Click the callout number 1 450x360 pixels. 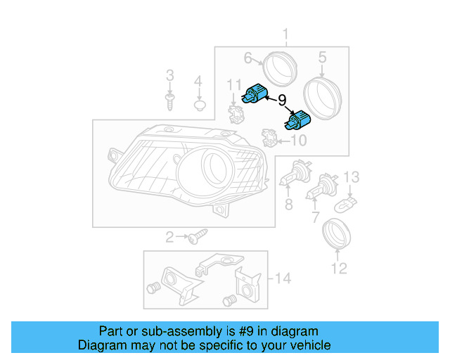[286, 34]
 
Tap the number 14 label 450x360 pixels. [282, 279]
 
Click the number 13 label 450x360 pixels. [352, 176]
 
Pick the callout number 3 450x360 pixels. [169, 75]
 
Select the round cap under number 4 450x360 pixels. [199, 105]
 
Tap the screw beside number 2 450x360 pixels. [196, 238]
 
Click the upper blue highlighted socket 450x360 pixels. [255, 94]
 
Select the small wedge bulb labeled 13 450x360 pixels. [347, 204]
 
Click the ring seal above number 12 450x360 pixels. [336, 235]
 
